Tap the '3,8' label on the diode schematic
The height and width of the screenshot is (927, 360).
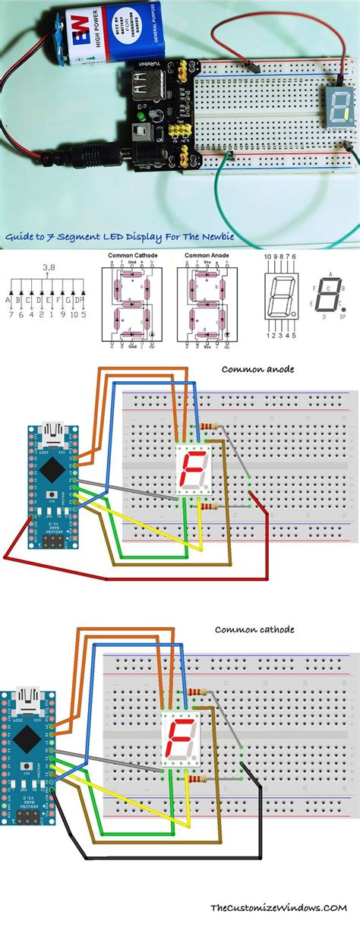point(49,289)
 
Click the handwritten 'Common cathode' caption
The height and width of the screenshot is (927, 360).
point(254,629)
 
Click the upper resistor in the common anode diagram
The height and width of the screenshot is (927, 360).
point(210,427)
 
